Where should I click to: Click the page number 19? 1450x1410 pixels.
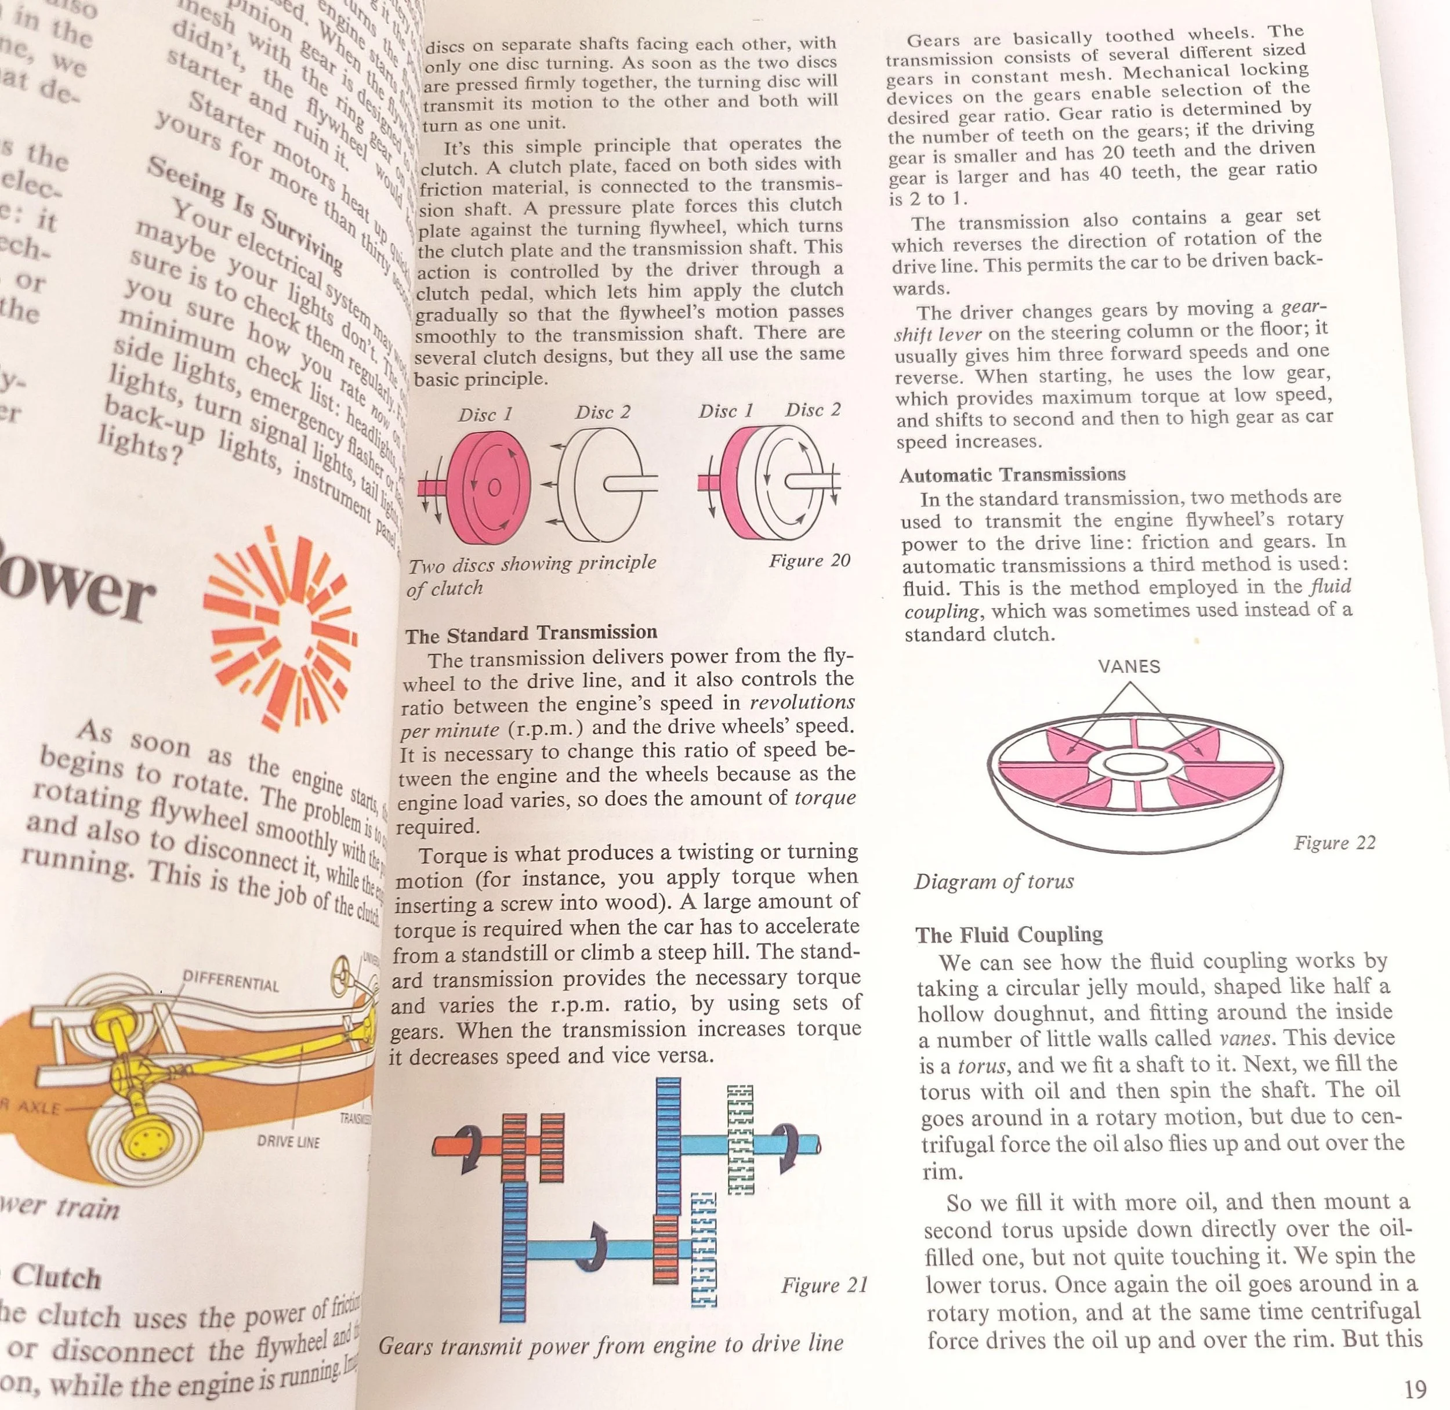click(x=1415, y=1389)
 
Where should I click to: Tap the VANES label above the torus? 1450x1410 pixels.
click(x=1129, y=666)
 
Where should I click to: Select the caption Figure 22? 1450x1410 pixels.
click(x=1335, y=843)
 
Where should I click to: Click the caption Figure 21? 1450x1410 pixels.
click(x=824, y=1285)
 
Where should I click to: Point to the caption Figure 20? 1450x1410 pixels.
click(x=810, y=561)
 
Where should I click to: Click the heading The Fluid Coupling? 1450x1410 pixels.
click(x=1009, y=934)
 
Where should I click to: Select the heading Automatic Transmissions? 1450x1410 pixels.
click(x=1012, y=474)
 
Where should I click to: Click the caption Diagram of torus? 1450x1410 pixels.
click(x=994, y=881)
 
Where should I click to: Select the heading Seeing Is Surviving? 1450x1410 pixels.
click(x=244, y=212)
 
